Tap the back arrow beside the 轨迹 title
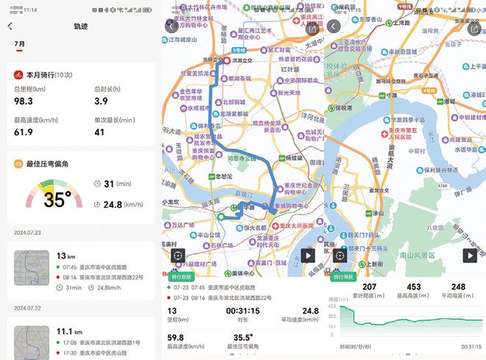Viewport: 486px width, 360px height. pyautogui.click(x=10, y=26)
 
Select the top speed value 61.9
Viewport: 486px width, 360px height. pyautogui.click(x=24, y=132)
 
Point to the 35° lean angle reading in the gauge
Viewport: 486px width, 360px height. pyautogui.click(x=57, y=199)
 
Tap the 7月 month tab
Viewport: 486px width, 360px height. pyautogui.click(x=20, y=44)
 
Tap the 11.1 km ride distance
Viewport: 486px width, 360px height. pyautogui.click(x=67, y=332)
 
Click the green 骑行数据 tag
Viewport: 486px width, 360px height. pyautogui.click(x=180, y=277)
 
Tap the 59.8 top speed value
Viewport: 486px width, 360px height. pyautogui.click(x=175, y=338)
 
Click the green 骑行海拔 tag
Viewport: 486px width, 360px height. pyautogui.click(x=342, y=277)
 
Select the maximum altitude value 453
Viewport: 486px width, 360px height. pyautogui.click(x=414, y=287)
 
